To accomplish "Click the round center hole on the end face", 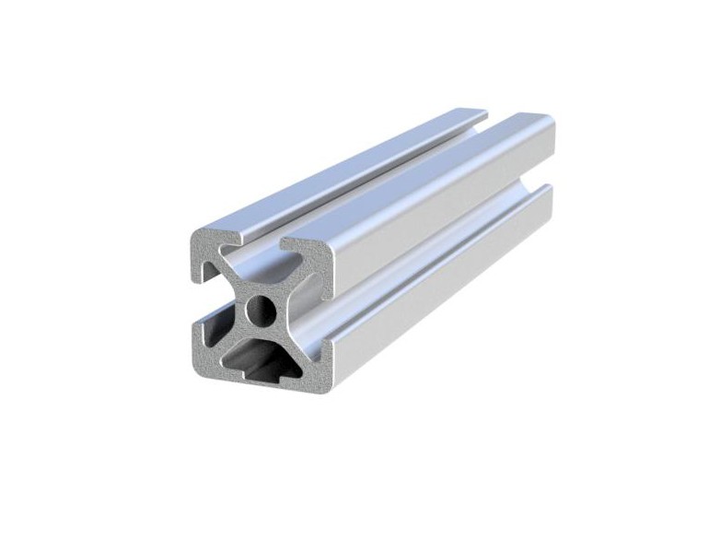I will [x=261, y=306].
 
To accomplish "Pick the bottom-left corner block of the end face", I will [x=209, y=354].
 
